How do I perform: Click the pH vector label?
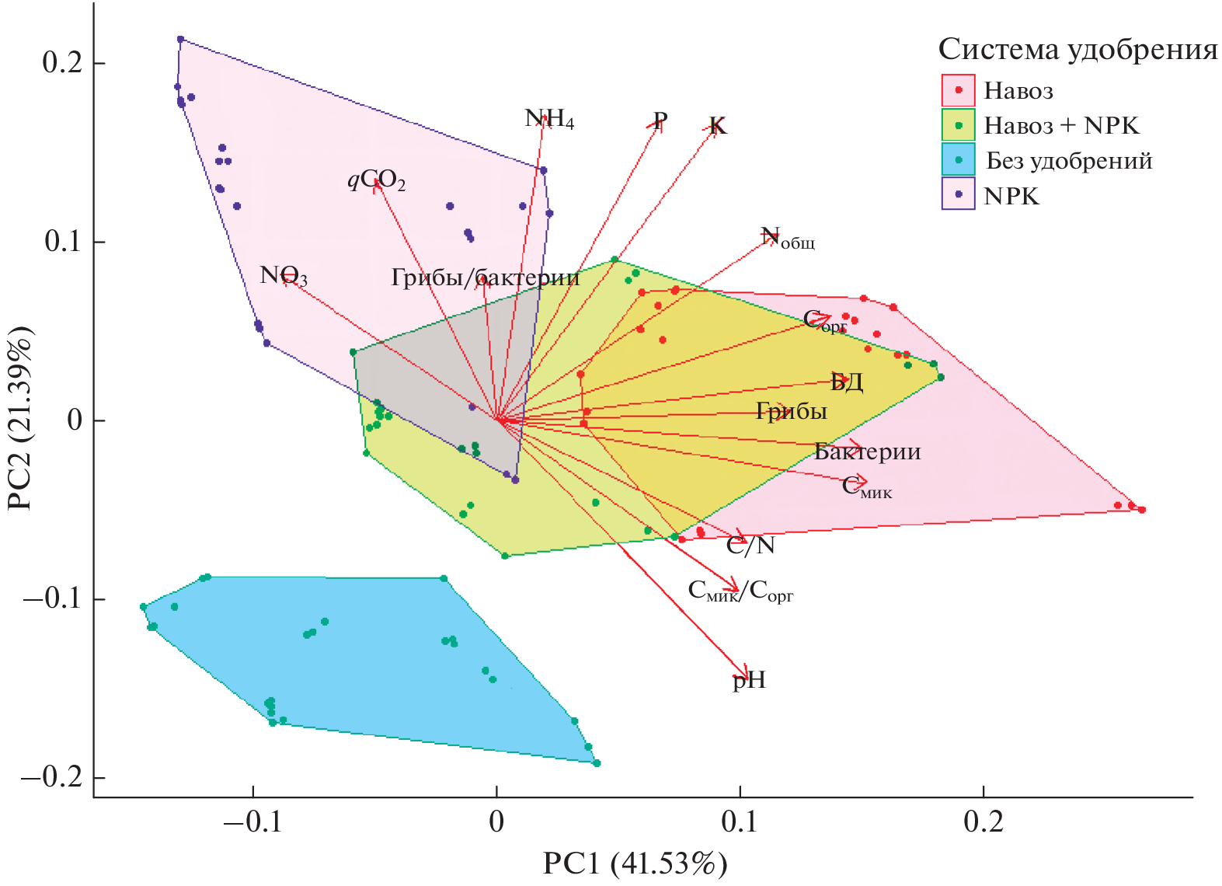[x=749, y=681]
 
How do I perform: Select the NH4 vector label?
[x=549, y=120]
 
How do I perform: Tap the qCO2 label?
[x=376, y=181]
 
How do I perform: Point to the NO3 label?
[x=284, y=276]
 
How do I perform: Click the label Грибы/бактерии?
[x=485, y=277]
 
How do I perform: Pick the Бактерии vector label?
[x=867, y=452]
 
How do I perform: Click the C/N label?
[x=750, y=546]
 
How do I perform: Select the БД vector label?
[x=847, y=382]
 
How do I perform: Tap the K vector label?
[x=717, y=126]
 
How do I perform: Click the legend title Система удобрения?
[x=1078, y=50]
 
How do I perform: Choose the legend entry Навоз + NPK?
[x=1060, y=126]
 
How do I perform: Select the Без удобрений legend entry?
[x=1069, y=161]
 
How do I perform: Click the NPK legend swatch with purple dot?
[x=958, y=194]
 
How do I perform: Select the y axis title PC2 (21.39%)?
[x=20, y=420]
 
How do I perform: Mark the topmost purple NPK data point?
[x=180, y=39]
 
